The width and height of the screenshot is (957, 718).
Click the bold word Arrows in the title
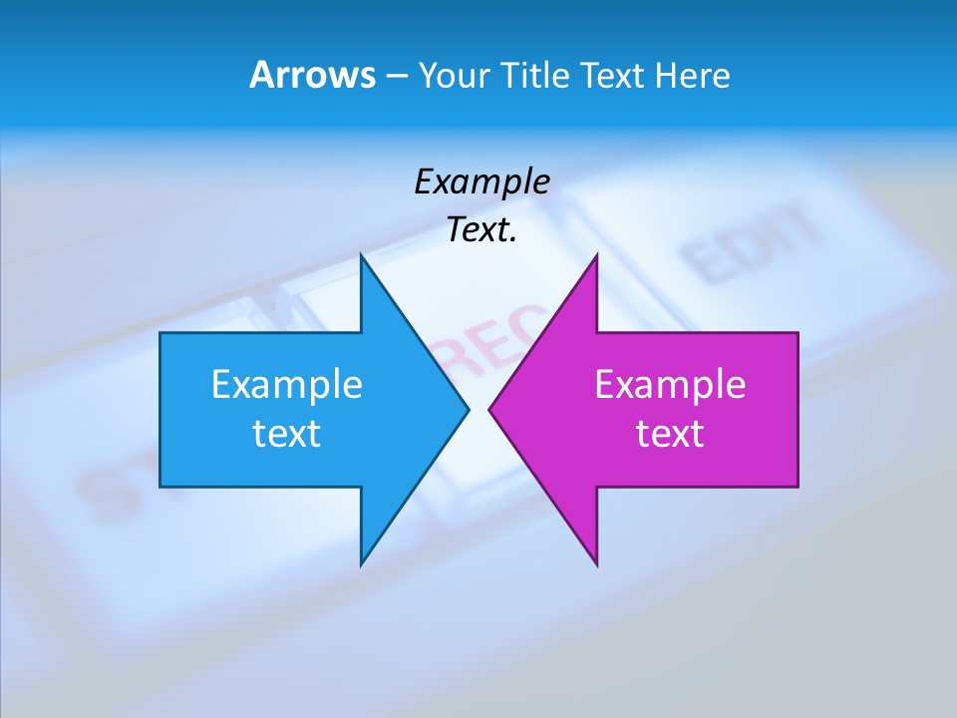coord(312,75)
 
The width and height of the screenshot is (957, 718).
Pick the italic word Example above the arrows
coord(482,181)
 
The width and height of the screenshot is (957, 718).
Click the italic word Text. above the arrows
coord(482,230)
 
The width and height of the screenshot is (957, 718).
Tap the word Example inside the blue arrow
coord(287,384)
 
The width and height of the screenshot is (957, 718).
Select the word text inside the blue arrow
coord(287,434)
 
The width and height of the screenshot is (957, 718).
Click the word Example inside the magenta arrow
coord(670,384)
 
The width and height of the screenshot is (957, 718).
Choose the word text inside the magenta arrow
coord(670,434)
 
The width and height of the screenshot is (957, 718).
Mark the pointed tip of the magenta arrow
coord(490,409)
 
